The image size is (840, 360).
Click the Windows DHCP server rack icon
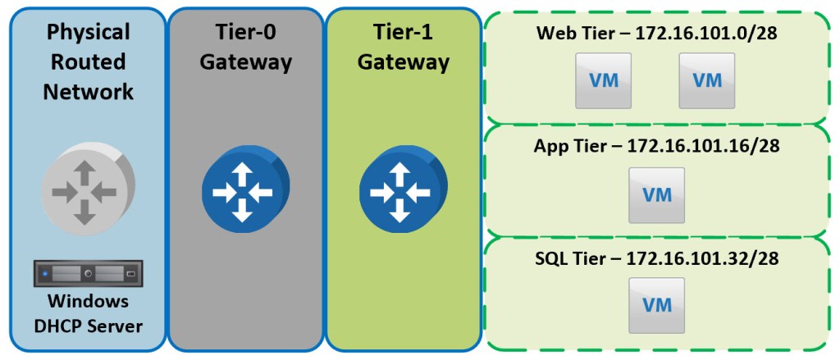click(89, 273)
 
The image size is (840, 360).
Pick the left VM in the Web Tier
click(603, 80)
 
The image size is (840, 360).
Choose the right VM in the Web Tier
click(707, 80)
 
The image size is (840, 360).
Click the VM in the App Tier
click(656, 195)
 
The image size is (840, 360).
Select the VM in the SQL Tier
click(656, 305)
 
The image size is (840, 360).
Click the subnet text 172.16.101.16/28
click(702, 147)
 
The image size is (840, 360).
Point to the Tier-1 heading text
click(402, 33)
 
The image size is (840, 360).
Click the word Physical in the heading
click(89, 32)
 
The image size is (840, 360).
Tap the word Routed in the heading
click(89, 62)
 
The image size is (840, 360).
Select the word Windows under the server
click(89, 301)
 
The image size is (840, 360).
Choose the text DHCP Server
click(89, 326)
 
